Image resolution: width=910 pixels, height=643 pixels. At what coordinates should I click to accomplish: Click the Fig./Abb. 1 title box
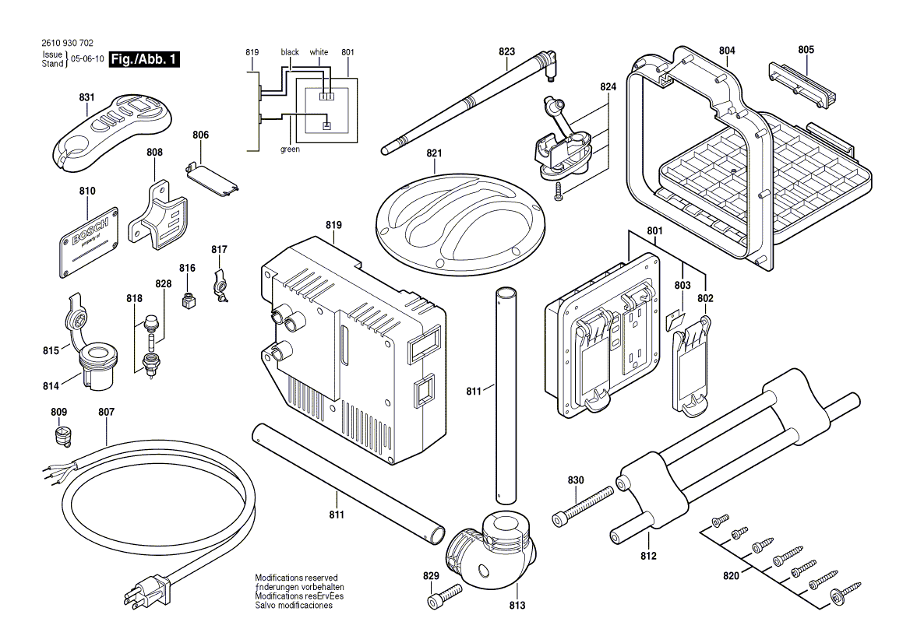pyautogui.click(x=144, y=59)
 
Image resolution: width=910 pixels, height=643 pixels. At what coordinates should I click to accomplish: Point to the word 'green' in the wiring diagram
pyautogui.click(x=290, y=149)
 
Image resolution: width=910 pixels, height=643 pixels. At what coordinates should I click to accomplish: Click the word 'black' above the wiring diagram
pyautogui.click(x=290, y=52)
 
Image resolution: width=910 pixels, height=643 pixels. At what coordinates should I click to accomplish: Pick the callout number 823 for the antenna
pyautogui.click(x=507, y=52)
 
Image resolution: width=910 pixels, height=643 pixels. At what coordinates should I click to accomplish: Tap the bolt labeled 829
pyautogui.click(x=443, y=596)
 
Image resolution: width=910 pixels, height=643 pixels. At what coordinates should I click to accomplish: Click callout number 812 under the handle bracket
pyautogui.click(x=648, y=556)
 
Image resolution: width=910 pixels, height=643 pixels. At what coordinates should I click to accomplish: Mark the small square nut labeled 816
pyautogui.click(x=187, y=300)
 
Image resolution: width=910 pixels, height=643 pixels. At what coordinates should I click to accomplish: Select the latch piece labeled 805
pyautogui.click(x=803, y=82)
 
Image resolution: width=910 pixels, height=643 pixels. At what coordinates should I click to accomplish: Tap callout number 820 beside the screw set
pyautogui.click(x=730, y=576)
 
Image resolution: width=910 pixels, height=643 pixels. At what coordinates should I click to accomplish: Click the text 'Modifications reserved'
pyautogui.click(x=296, y=578)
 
